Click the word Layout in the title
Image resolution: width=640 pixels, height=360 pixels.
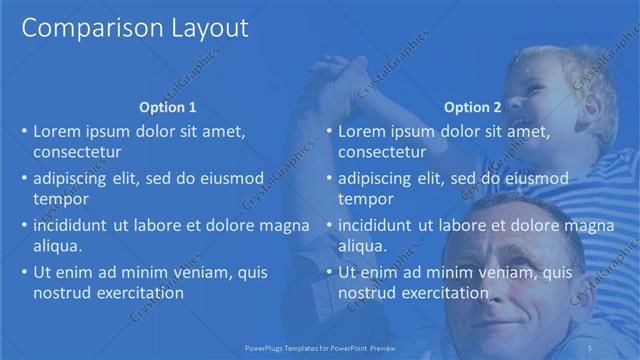pyautogui.click(x=202, y=29)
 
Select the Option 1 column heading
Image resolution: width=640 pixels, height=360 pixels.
pyautogui.click(x=168, y=107)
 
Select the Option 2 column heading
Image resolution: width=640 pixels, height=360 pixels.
pyautogui.click(x=472, y=107)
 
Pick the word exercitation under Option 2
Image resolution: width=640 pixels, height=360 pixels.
pyautogui.click(x=441, y=293)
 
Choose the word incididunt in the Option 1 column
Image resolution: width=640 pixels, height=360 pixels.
pyautogui.click(x=71, y=226)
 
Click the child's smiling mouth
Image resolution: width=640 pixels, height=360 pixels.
pyautogui.click(x=523, y=128)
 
